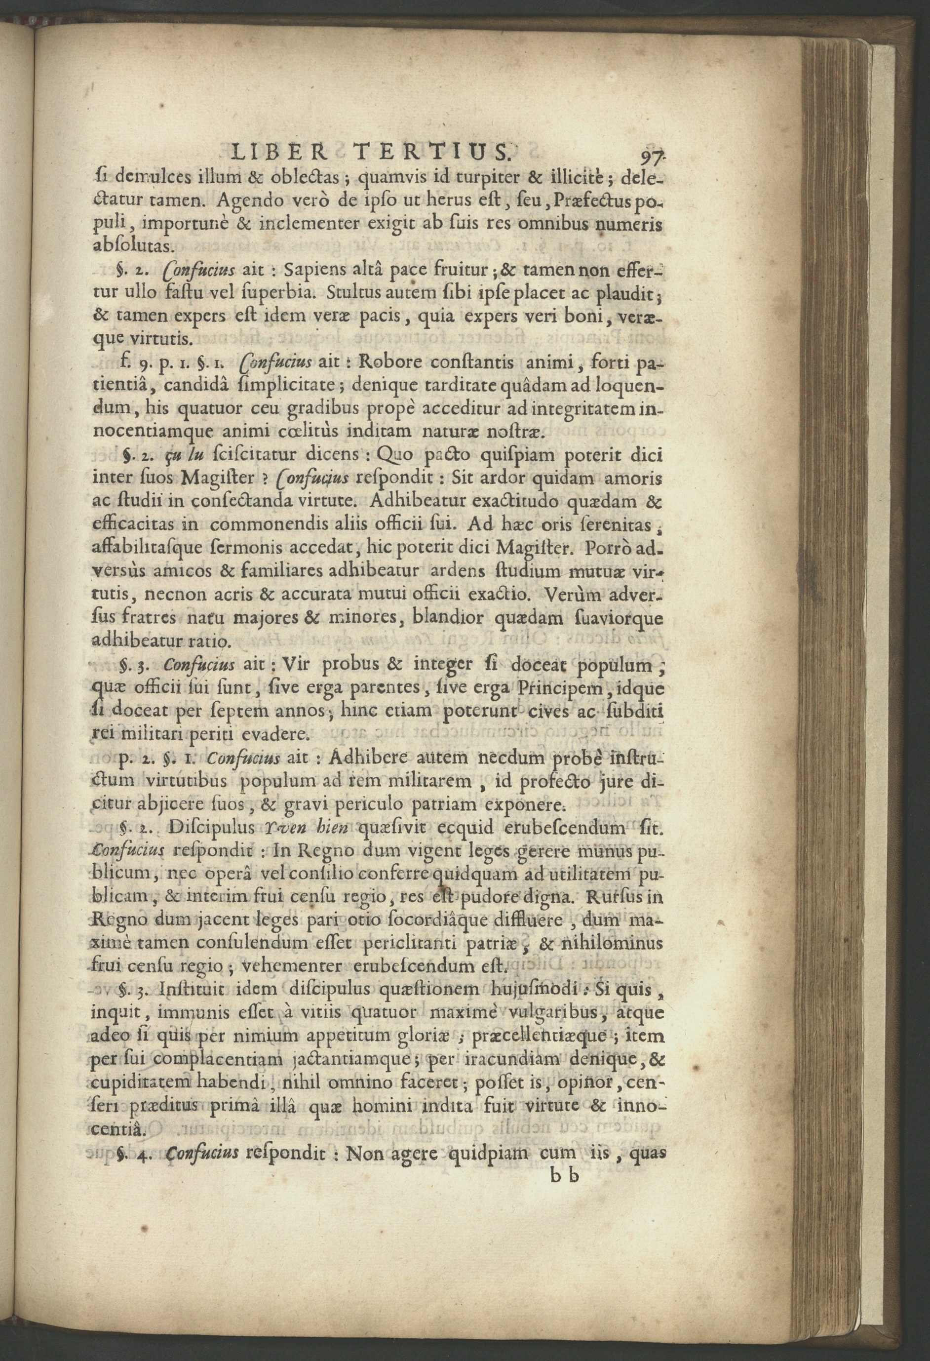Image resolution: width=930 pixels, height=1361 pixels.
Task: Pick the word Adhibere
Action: tap(365, 759)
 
